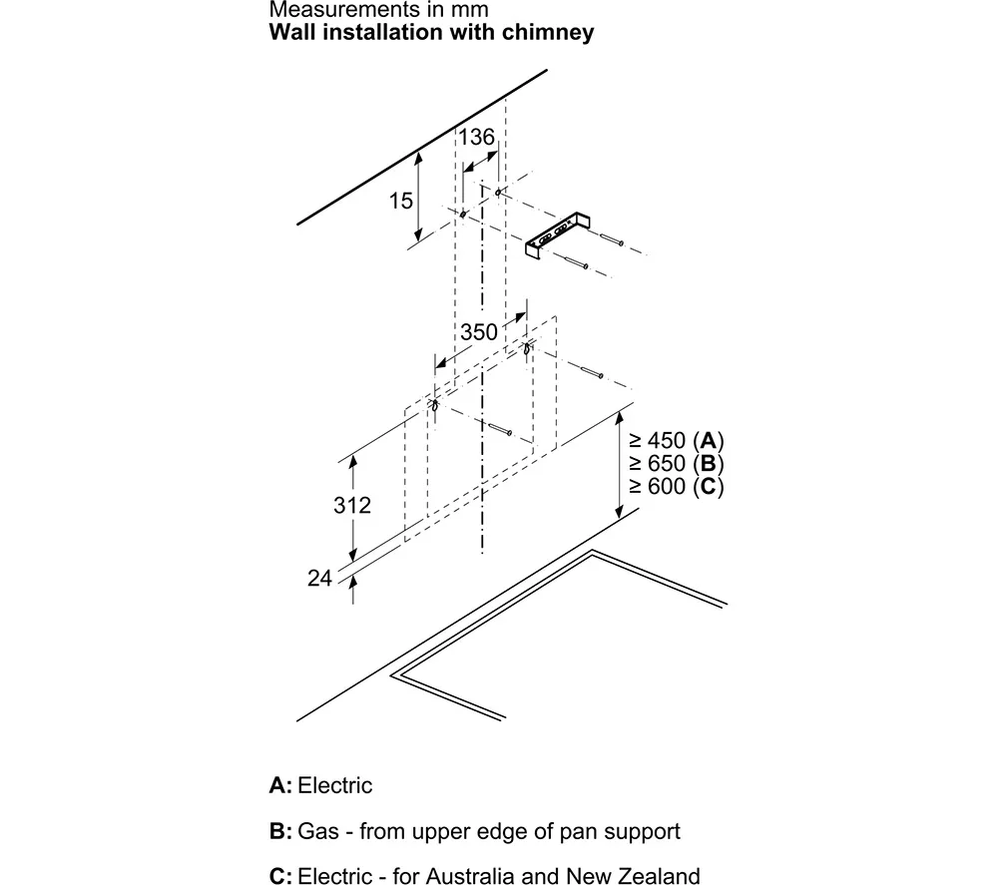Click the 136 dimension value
pyautogui.click(x=477, y=136)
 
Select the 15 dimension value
pyautogui.click(x=400, y=201)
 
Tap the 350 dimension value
pyautogui.click(x=479, y=332)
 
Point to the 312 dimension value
pyautogui.click(x=351, y=505)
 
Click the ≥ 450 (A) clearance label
pyautogui.click(x=676, y=440)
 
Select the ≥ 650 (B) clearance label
pyautogui.click(x=676, y=463)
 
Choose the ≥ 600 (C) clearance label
pyautogui.click(x=676, y=486)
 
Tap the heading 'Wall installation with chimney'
pyautogui.click(x=431, y=32)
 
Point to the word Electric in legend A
pyautogui.click(x=335, y=785)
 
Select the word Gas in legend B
pyautogui.click(x=318, y=831)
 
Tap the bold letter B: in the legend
pyautogui.click(x=280, y=831)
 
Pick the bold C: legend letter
pyautogui.click(x=280, y=877)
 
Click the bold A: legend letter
pyautogui.click(x=280, y=785)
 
